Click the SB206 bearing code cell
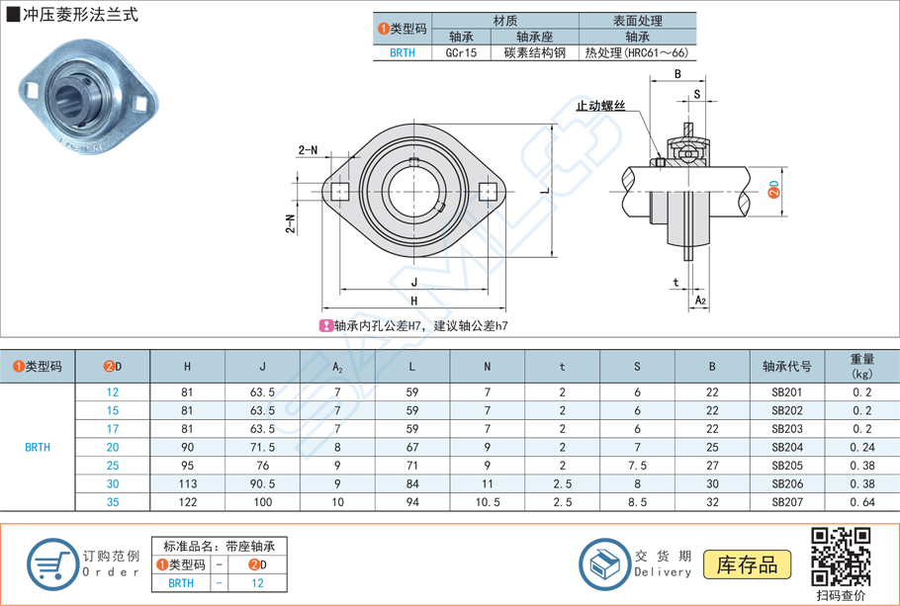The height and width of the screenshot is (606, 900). tap(787, 484)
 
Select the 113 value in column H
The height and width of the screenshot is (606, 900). tap(188, 484)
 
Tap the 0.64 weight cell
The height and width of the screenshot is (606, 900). tap(862, 503)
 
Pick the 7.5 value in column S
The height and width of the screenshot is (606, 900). tap(637, 466)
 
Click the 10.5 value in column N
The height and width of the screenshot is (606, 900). tap(487, 503)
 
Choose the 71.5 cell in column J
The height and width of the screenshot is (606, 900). tap(263, 447)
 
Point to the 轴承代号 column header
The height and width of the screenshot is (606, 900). tap(787, 366)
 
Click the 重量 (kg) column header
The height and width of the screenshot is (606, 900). tap(862, 366)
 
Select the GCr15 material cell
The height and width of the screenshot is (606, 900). tap(461, 53)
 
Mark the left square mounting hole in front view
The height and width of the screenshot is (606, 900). tap(340, 191)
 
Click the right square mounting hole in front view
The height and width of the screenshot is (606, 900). tap(487, 191)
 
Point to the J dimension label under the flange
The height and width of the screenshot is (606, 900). tap(412, 281)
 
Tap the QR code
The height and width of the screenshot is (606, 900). tap(841, 558)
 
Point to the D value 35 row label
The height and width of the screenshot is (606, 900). tap(114, 503)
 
